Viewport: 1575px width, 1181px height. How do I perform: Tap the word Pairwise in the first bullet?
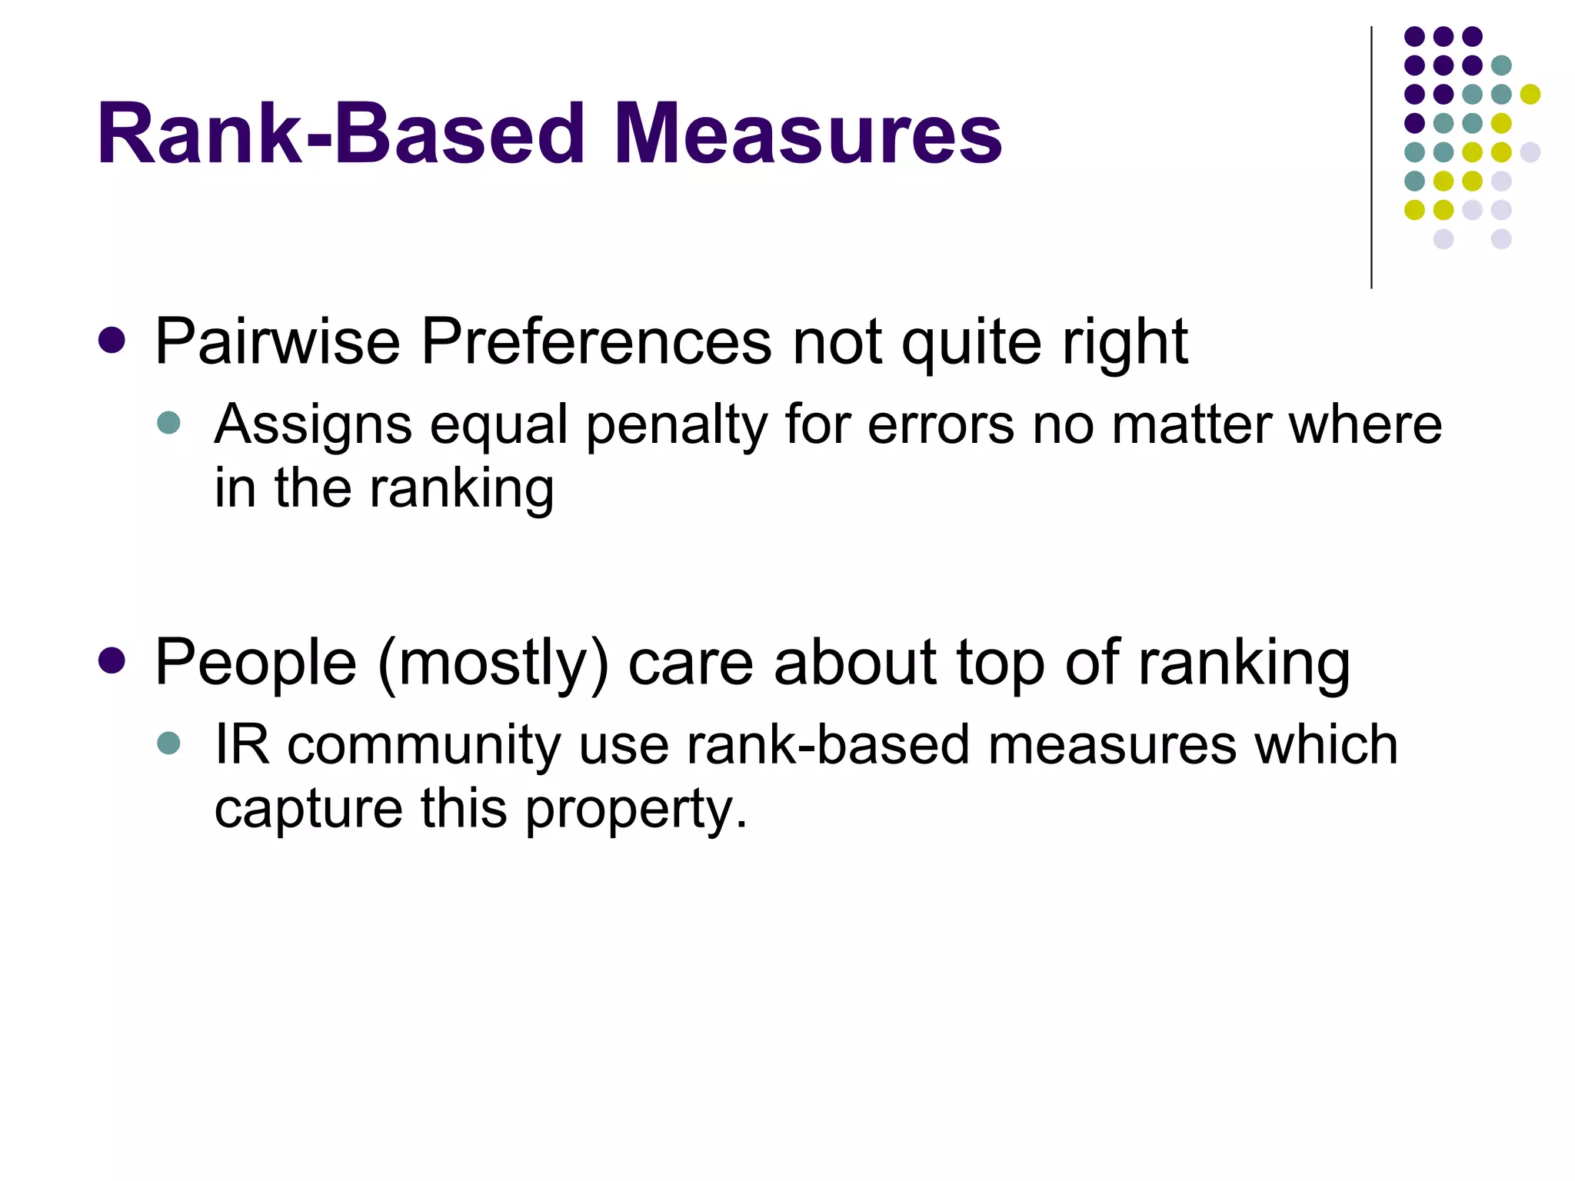(x=277, y=341)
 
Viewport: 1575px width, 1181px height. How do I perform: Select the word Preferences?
(x=596, y=341)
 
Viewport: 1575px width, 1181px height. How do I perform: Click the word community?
(x=424, y=746)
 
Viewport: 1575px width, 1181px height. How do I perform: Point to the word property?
(x=635, y=810)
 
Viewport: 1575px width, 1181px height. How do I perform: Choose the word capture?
(x=308, y=810)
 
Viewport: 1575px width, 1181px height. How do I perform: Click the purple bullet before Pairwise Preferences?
(x=112, y=341)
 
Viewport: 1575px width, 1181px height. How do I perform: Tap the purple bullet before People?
(x=112, y=660)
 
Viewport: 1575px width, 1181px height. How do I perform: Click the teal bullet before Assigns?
(x=168, y=422)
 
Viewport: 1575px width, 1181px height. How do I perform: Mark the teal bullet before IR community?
(x=168, y=743)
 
